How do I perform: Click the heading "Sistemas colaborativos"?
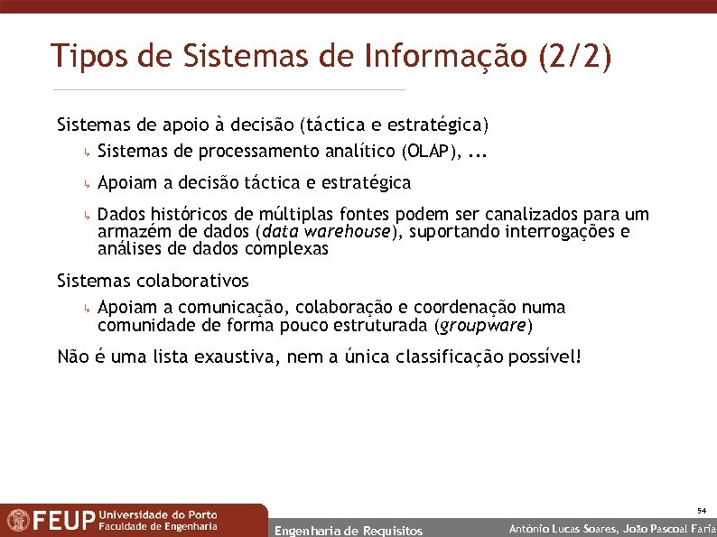(x=152, y=281)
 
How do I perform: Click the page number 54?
(x=701, y=511)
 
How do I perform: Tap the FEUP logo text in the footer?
(x=63, y=521)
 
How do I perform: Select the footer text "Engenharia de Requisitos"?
(x=348, y=531)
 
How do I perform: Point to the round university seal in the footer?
(x=17, y=521)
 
